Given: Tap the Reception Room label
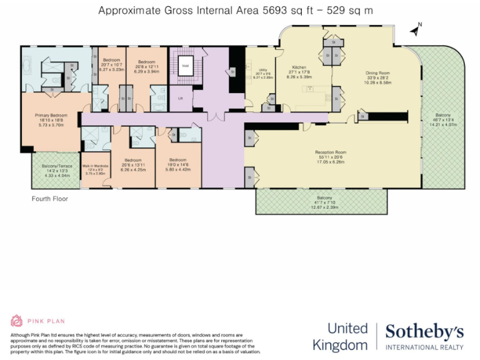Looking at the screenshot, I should (331, 152).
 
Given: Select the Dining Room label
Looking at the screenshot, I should (377, 72).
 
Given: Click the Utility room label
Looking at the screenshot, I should (261, 69).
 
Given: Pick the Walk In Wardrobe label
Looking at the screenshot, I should (95, 166).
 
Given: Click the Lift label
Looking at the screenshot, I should (181, 97).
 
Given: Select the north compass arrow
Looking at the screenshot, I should (415, 29).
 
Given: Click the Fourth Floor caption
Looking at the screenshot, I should (50, 199).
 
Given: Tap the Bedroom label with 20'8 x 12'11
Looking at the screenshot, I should (146, 62).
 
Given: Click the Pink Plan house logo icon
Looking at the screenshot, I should (17, 321).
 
